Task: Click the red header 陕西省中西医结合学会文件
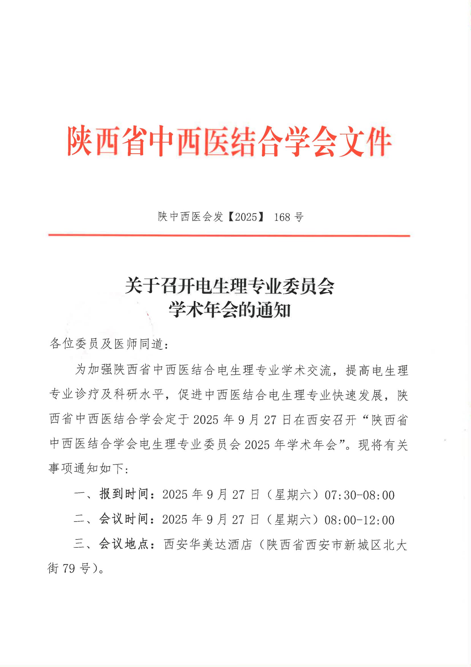coord(229,142)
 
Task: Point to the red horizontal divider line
coord(229,235)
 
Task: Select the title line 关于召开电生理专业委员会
coord(229,286)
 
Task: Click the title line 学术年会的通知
coord(229,310)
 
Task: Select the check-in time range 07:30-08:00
coord(359,495)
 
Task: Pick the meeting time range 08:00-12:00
coord(359,520)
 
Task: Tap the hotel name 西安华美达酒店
coord(208,545)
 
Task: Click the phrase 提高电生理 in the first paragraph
coord(377,371)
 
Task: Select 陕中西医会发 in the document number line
coord(190,217)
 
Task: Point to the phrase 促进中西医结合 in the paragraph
coord(218,395)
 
